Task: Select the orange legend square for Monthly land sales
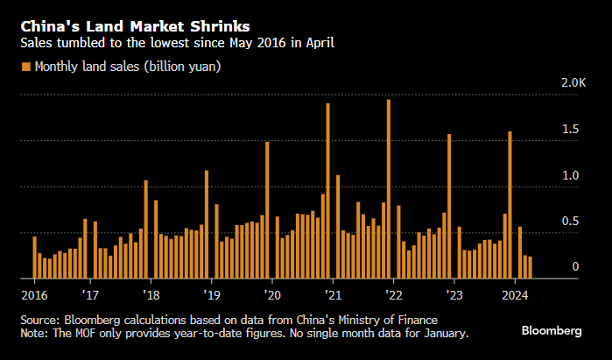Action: click(26, 67)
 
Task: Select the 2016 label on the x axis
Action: click(34, 294)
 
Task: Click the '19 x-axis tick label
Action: click(210, 294)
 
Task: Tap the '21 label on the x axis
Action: click(332, 294)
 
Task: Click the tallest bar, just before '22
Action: click(388, 188)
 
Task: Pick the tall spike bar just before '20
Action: click(267, 210)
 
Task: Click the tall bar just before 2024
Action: click(510, 205)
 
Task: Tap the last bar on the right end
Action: click(530, 267)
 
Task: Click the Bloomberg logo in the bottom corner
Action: click(552, 330)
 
